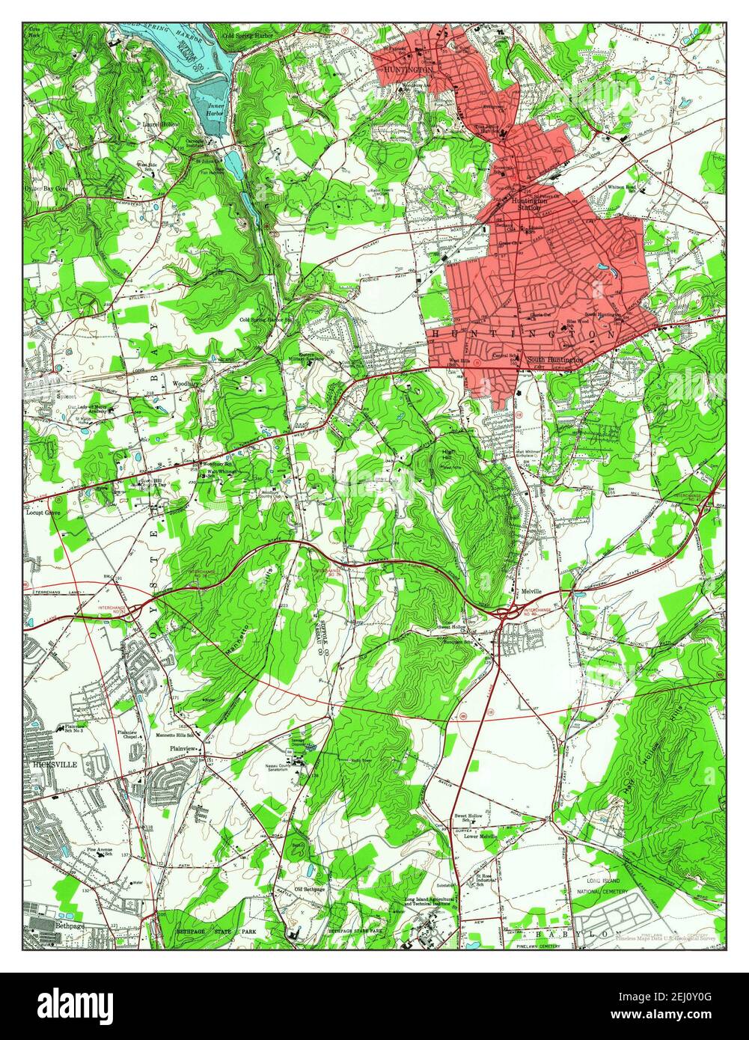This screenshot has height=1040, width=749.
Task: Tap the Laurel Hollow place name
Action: click(162, 124)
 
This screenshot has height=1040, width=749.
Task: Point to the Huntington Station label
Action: click(529, 203)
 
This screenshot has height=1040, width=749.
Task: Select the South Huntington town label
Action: click(554, 361)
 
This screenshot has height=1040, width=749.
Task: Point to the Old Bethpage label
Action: click(309, 889)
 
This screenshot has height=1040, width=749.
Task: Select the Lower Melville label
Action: click(478, 836)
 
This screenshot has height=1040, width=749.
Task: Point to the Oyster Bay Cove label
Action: click(46, 189)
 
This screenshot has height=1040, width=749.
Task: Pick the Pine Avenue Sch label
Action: click(99, 850)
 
